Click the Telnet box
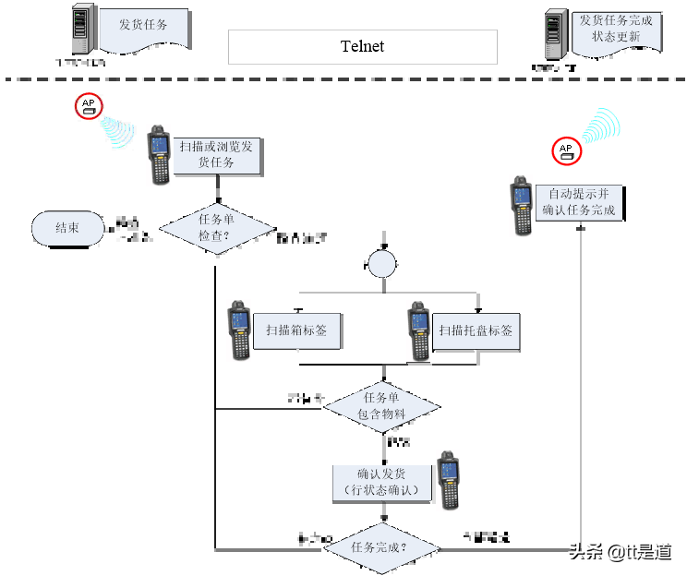coord(362,47)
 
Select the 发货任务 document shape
coord(143,29)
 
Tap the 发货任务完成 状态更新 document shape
coord(616,31)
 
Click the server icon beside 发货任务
coord(84,29)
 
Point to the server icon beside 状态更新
coord(555,34)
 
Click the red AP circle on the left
coord(89,106)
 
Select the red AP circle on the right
coord(566,151)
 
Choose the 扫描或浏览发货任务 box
coord(216,154)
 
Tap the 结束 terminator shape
coord(67,228)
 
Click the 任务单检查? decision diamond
coord(216,228)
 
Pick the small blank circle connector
coord(381,264)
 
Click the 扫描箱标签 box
coord(296,330)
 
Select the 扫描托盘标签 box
coord(476,330)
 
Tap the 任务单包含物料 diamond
coord(381,406)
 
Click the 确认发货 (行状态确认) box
coord(381,482)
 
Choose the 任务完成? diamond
coord(381,547)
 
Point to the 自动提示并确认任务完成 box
coord(578,203)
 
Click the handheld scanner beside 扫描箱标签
coord(239,330)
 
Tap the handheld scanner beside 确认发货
coord(448,480)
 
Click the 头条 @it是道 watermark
coord(619,550)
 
